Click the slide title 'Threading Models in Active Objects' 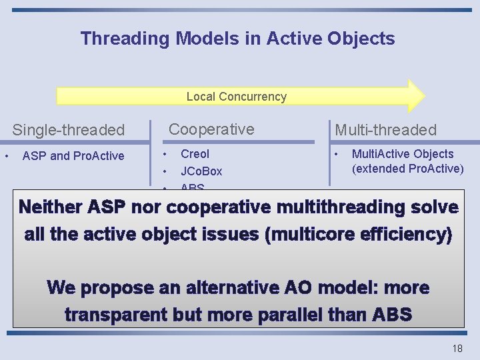[x=237, y=39]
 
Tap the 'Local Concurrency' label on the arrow [x=236, y=97]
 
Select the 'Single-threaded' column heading [x=69, y=130]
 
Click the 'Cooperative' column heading [x=212, y=129]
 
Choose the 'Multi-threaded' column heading [x=385, y=130]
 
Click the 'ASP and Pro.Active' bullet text [x=73, y=156]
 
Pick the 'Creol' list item [x=195, y=154]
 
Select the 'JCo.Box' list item [x=201, y=171]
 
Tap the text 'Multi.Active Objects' [x=403, y=154]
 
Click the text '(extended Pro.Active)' [x=407, y=168]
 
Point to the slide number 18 [x=457, y=349]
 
